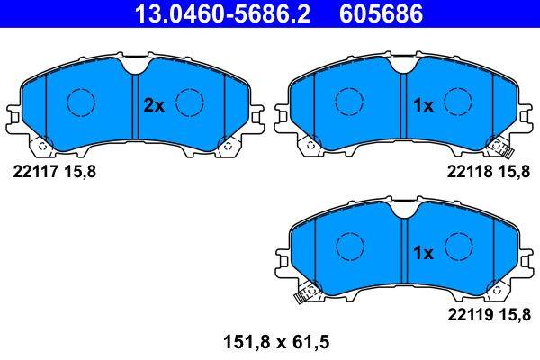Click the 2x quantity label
click(154, 105)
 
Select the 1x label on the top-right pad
click(422, 105)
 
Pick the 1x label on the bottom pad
click(422, 254)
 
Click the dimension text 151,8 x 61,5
click(270, 343)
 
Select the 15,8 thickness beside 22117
click(81, 173)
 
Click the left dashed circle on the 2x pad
click(81, 102)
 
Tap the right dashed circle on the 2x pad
click(190, 102)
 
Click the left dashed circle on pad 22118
click(348, 102)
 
